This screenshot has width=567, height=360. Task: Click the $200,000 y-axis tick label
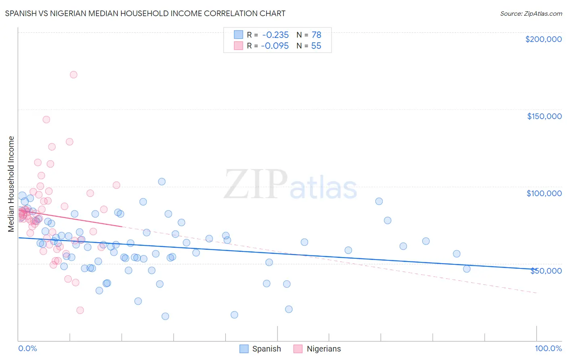543,39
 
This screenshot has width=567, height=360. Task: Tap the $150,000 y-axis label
544,116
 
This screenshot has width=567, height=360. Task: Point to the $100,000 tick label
544,193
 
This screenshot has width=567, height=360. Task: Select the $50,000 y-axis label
546,270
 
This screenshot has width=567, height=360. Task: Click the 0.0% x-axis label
27,348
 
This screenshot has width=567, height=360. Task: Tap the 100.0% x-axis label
548,348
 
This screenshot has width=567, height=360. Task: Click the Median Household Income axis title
11,184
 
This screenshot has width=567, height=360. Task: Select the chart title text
145,13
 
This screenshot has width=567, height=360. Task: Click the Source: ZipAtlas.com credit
531,13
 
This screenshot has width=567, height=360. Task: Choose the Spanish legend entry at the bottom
261,349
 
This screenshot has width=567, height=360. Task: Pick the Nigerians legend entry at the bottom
317,349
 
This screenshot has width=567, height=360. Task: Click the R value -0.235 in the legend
275,35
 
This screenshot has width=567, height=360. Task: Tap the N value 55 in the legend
316,46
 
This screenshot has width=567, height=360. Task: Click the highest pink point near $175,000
73,75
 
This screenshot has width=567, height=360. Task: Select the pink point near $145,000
46,119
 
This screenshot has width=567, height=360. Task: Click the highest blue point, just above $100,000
162,182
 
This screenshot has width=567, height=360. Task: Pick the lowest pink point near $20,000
80,310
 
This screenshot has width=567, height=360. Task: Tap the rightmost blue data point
467,269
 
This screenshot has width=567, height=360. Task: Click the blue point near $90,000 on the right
379,201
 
